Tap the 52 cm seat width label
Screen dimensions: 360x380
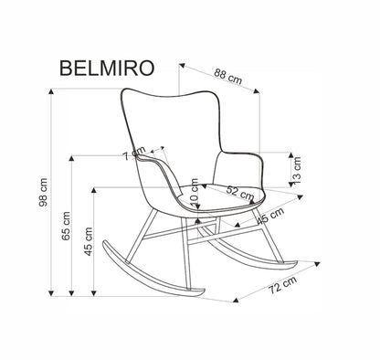[240, 191]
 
